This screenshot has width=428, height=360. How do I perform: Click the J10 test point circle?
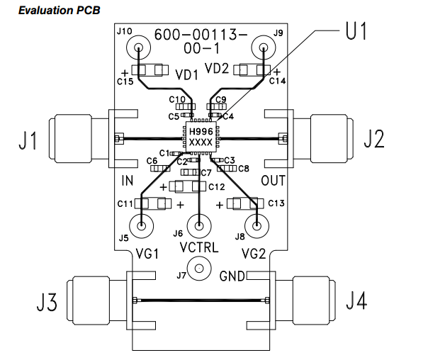[138, 49]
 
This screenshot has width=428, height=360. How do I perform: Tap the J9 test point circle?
[264, 49]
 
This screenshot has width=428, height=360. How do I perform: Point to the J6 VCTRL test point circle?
[201, 227]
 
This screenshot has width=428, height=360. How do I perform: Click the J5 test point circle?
[143, 227]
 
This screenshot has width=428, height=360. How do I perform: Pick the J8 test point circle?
[259, 227]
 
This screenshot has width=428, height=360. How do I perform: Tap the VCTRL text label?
[201, 248]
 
